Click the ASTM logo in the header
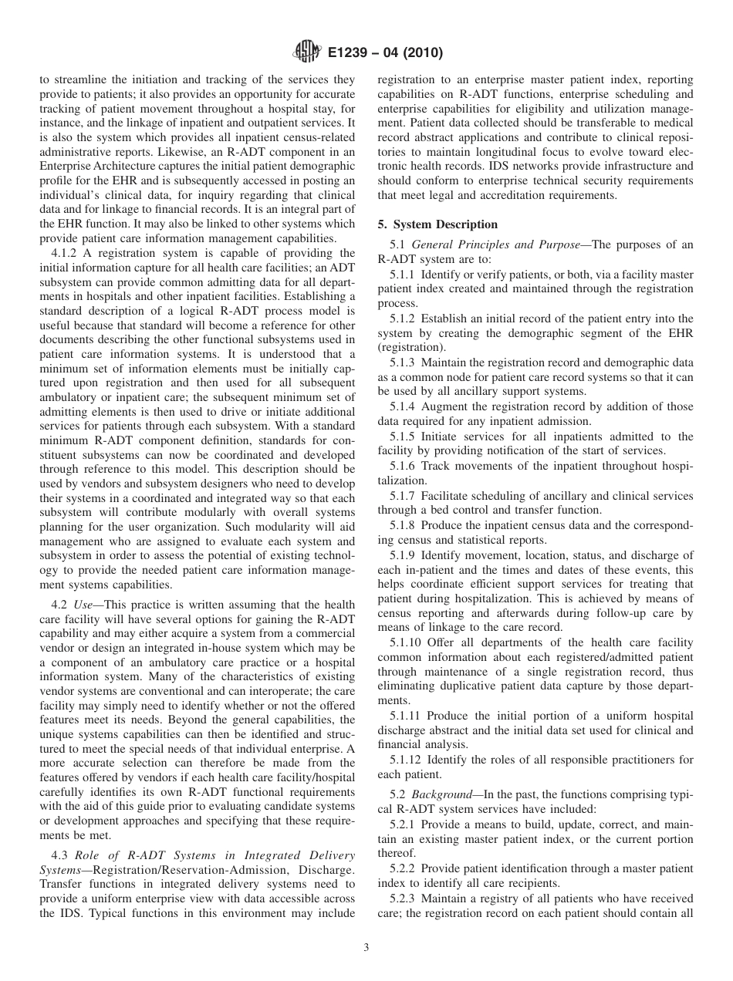tap(306, 53)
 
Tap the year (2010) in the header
tap(417, 54)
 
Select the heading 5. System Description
tap(437, 224)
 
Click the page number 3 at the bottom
tap(366, 948)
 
